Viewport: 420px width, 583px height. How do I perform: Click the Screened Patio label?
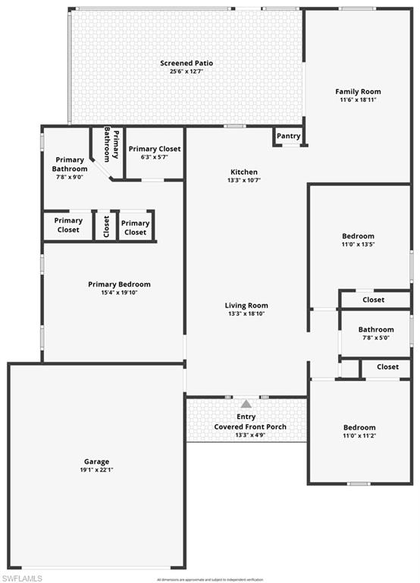186,62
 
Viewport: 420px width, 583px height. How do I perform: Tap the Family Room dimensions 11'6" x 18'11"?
358,99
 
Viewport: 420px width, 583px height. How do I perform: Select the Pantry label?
289,136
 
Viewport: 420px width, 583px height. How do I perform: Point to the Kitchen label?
243,172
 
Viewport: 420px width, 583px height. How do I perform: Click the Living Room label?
248,305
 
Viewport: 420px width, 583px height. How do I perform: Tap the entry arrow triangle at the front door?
246,404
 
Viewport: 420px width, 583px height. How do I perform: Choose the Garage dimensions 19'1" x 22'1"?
97,470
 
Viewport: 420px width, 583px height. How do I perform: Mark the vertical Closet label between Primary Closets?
106,225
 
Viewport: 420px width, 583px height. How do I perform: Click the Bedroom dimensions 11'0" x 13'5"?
358,244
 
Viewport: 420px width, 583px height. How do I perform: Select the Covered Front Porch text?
250,427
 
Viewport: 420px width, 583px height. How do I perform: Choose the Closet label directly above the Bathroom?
373,300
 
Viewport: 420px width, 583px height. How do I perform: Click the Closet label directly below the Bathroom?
387,367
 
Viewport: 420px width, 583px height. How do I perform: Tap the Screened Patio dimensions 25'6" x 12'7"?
186,71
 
